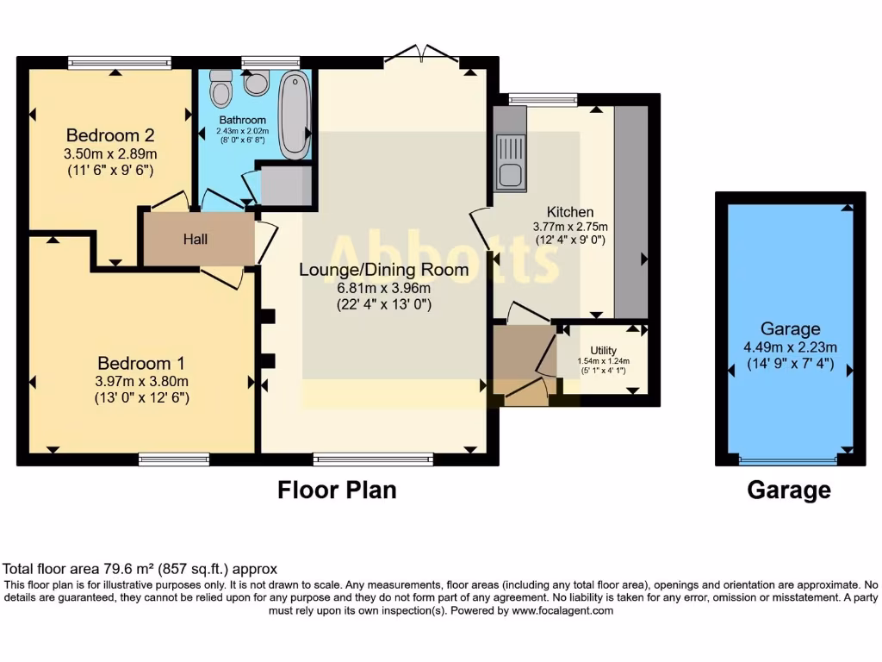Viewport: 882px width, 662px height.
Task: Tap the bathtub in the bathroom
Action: coord(295,116)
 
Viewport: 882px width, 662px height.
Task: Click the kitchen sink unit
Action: coord(509,162)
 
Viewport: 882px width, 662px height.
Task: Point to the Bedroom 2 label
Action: coord(110,135)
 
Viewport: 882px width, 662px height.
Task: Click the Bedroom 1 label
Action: coord(140,363)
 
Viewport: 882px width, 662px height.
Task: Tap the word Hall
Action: coord(195,240)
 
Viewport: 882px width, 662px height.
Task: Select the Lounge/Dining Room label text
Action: coord(383,270)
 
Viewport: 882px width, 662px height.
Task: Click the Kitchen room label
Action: coord(570,212)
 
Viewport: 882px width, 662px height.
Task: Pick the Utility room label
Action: coord(603,350)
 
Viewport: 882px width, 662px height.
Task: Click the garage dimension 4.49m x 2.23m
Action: coord(790,347)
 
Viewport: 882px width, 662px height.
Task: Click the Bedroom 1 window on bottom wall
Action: coord(174,459)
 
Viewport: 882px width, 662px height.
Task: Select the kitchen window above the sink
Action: coord(543,99)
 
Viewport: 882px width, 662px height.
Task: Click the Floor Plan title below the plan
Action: coord(337,490)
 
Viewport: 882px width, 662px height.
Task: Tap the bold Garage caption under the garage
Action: coord(789,490)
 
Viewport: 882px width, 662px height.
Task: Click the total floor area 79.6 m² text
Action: coord(140,569)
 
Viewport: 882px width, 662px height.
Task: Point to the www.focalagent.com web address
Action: coord(562,610)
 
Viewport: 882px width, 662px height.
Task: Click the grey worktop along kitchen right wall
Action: coord(630,211)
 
